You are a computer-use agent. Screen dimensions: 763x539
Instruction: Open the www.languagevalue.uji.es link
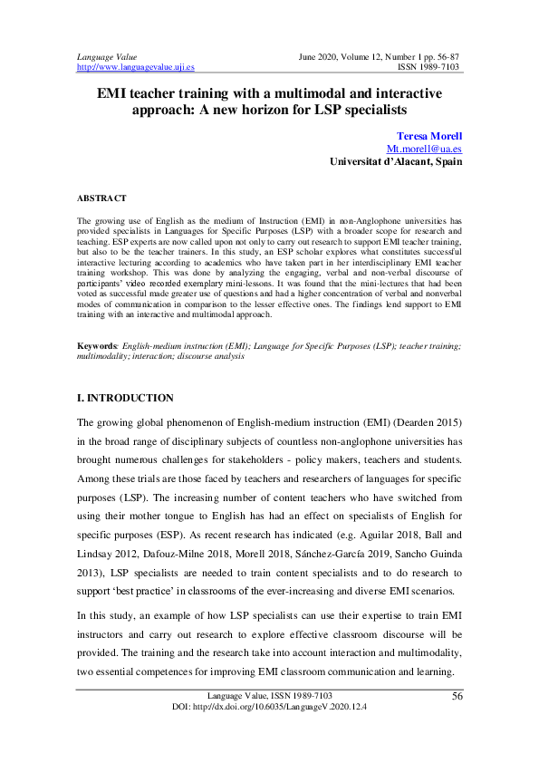tap(136, 67)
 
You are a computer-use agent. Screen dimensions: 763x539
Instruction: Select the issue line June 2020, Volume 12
tap(354, 56)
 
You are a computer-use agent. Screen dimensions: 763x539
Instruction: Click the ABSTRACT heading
tap(102, 198)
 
